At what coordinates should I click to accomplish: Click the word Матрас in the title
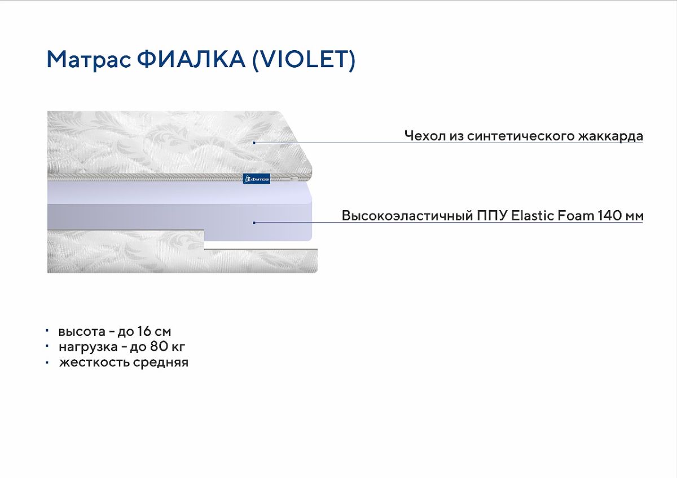(x=89, y=60)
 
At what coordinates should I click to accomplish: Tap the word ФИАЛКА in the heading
(x=191, y=59)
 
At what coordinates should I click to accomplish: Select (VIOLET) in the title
(x=304, y=60)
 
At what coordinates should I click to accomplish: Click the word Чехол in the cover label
(x=425, y=136)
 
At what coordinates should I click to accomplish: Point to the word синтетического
(x=520, y=136)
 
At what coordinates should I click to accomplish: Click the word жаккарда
(x=610, y=136)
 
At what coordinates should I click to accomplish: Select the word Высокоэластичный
(x=407, y=216)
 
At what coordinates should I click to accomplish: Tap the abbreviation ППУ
(x=492, y=216)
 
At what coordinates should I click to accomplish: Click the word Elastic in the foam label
(x=533, y=215)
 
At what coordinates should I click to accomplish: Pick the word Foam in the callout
(x=576, y=215)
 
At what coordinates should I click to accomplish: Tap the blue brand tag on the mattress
(x=256, y=179)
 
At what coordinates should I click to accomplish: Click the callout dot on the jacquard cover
(x=254, y=143)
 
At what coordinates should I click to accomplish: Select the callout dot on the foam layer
(x=254, y=223)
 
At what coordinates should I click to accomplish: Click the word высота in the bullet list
(x=82, y=331)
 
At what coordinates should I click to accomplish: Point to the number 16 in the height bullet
(x=144, y=331)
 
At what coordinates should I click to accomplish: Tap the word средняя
(x=160, y=362)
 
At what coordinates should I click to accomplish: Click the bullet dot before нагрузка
(x=47, y=346)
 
